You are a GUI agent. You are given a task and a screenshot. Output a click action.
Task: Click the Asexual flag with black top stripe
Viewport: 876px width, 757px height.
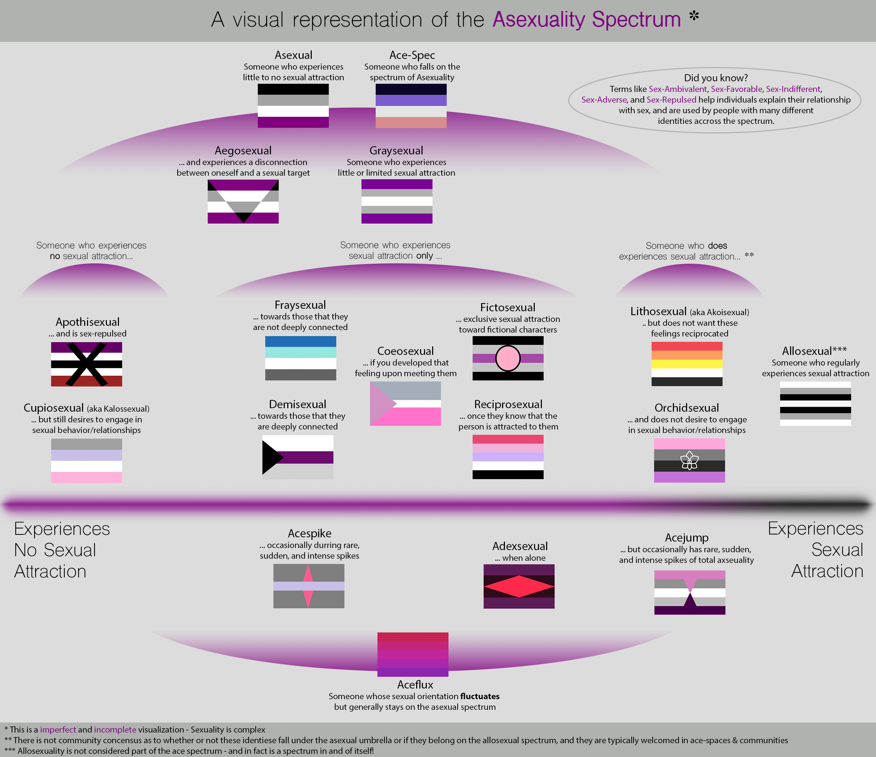293,105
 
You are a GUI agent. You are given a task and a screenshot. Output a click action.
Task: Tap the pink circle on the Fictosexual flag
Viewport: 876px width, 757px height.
507,358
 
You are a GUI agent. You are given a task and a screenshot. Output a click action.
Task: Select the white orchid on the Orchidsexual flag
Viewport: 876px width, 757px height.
689,461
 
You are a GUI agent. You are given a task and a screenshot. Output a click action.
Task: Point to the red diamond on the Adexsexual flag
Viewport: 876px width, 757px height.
519,586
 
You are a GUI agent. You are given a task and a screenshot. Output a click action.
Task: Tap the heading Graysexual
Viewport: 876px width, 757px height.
396,150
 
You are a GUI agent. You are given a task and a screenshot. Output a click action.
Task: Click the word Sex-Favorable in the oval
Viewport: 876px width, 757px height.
736,89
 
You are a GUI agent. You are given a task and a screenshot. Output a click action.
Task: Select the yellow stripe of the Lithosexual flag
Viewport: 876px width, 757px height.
687,364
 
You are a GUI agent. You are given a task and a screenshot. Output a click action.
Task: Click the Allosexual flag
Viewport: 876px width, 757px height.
815,403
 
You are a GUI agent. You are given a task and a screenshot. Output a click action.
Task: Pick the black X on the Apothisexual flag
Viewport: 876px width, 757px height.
86,364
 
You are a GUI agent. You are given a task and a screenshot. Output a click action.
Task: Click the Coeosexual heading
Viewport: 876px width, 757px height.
405,351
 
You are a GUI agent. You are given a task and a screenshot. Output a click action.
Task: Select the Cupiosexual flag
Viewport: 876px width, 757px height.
86,460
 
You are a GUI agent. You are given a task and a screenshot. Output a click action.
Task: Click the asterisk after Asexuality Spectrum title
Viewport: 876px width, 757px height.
694,16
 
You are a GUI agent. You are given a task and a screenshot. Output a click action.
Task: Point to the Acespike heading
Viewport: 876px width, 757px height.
310,533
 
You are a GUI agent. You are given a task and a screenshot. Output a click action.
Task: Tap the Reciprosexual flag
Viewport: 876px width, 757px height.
507,456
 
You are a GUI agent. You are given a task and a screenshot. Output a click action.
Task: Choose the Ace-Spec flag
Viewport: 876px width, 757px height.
411,105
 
